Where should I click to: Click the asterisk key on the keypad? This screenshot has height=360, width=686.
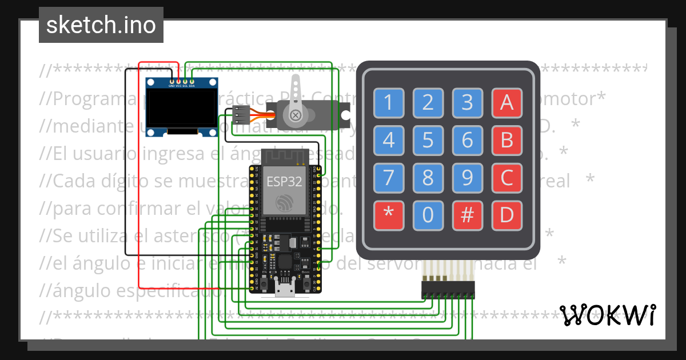coord(389,215)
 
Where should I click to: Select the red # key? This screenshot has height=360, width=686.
coord(468,215)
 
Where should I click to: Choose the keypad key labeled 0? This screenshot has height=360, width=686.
coord(428,215)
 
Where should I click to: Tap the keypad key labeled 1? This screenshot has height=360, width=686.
coord(389,103)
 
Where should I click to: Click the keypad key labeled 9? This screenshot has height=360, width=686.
coord(468,178)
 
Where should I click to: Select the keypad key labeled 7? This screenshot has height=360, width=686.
coord(389,178)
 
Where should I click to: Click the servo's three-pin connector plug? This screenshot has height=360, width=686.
coord(240,115)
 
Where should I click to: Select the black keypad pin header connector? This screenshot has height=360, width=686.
coord(448,289)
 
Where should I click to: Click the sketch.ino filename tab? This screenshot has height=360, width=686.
coord(101,25)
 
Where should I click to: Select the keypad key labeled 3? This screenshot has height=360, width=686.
coord(468,103)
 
